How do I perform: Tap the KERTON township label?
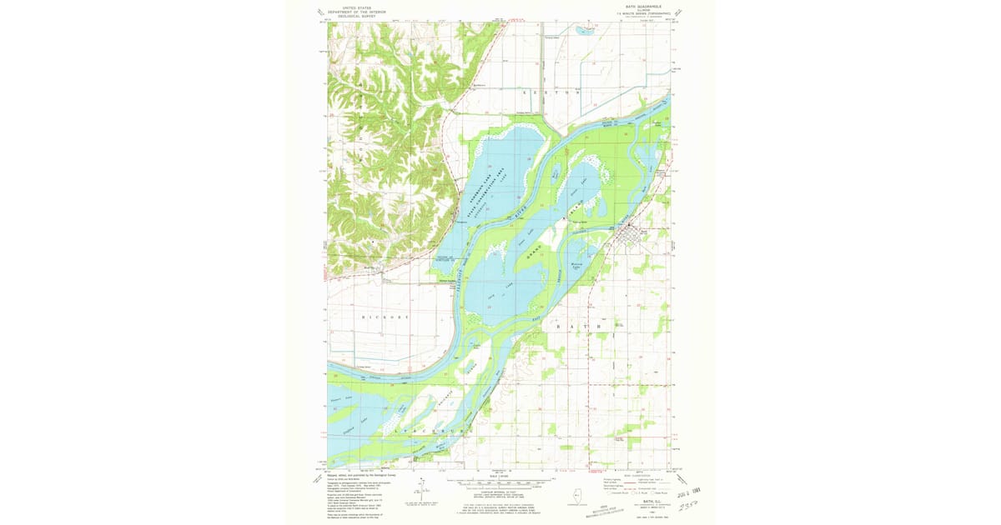(x=550, y=92)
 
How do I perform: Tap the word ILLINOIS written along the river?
(x=462, y=278)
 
